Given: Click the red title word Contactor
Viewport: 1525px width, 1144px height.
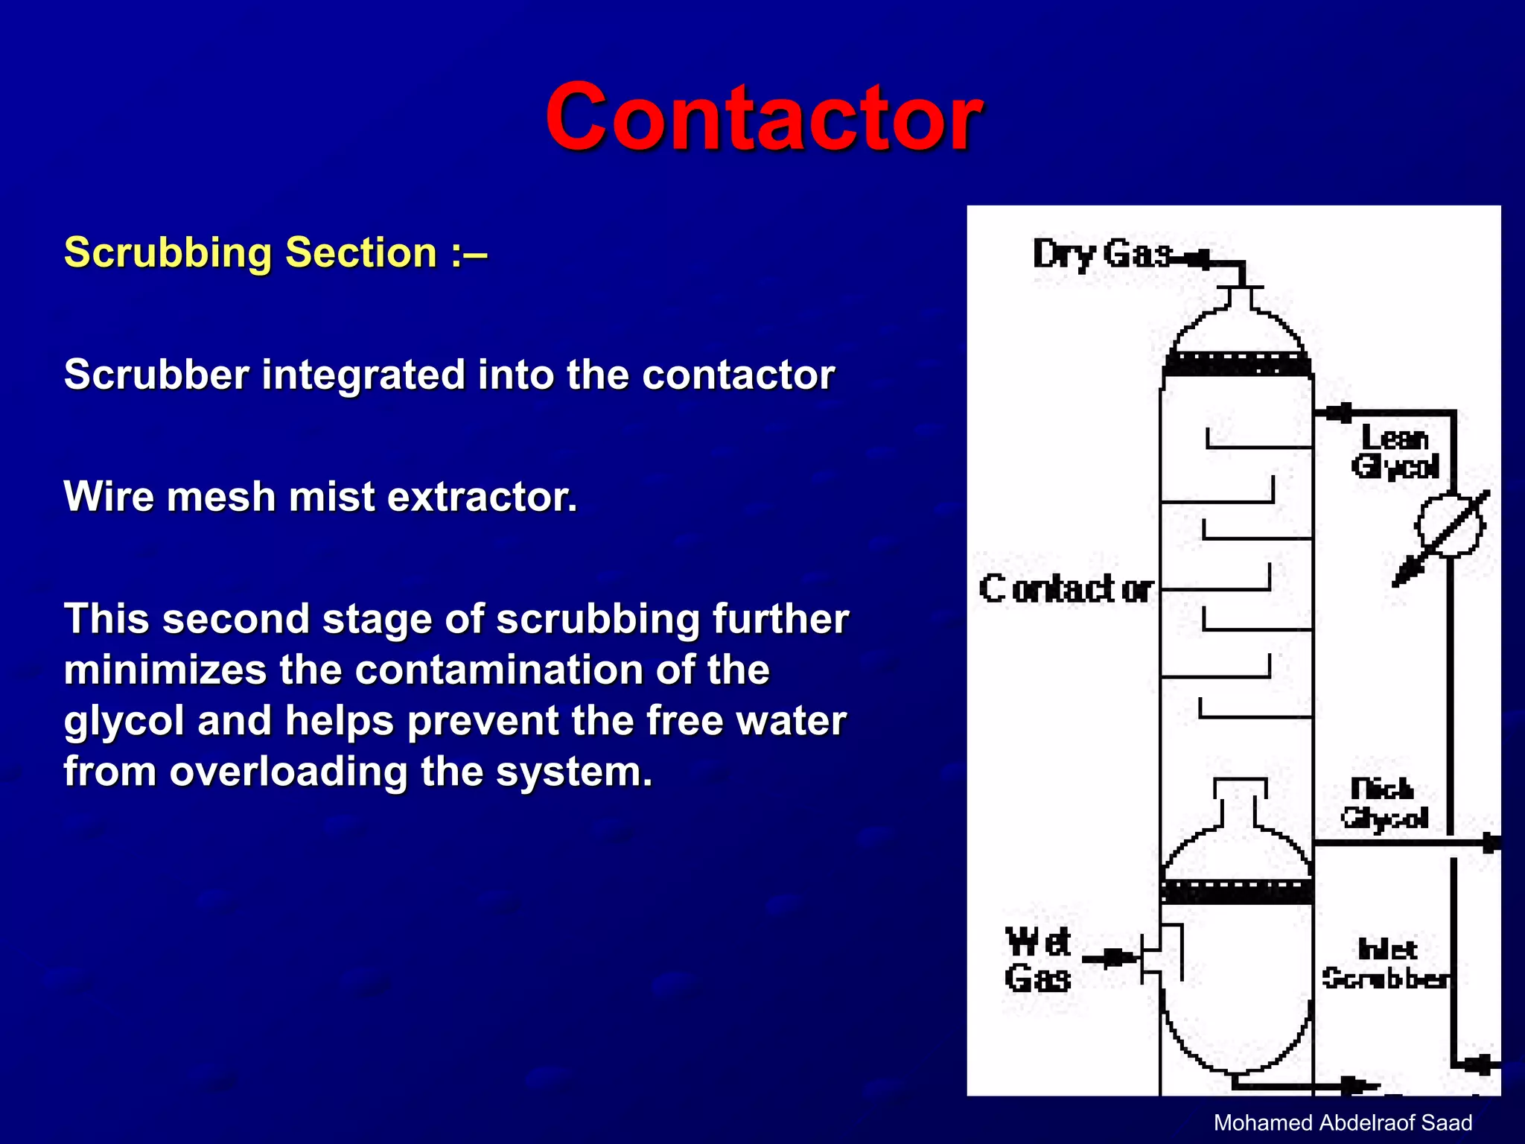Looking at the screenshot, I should click(763, 117).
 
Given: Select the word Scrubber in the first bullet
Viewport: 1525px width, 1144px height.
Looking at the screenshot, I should click(156, 374).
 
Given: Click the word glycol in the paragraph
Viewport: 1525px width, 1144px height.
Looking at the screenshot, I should click(124, 721).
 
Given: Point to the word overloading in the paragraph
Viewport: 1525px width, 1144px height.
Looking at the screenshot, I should click(289, 772).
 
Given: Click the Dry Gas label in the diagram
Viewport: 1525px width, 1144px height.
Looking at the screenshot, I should click(1102, 254).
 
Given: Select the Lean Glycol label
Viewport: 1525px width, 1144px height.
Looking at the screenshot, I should click(1395, 452).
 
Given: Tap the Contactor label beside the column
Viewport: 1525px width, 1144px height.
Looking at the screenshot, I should click(1066, 589).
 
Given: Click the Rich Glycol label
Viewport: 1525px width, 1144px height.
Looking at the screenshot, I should click(1384, 804).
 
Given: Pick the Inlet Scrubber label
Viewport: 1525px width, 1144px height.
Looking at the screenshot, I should click(1386, 964).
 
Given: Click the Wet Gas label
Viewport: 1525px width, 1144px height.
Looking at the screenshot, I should click(1038, 961).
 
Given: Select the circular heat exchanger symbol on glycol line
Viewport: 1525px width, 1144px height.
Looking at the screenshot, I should click(1449, 526).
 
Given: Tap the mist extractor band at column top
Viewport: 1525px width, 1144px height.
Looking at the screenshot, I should click(1237, 365).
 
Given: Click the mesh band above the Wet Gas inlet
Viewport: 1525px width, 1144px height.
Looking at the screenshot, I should click(1237, 892).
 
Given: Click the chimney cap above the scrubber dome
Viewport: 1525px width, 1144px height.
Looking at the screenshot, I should click(1240, 788).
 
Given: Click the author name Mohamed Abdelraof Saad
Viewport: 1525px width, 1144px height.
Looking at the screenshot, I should click(1343, 1122).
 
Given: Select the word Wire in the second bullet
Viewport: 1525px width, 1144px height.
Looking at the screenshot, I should click(108, 497).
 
